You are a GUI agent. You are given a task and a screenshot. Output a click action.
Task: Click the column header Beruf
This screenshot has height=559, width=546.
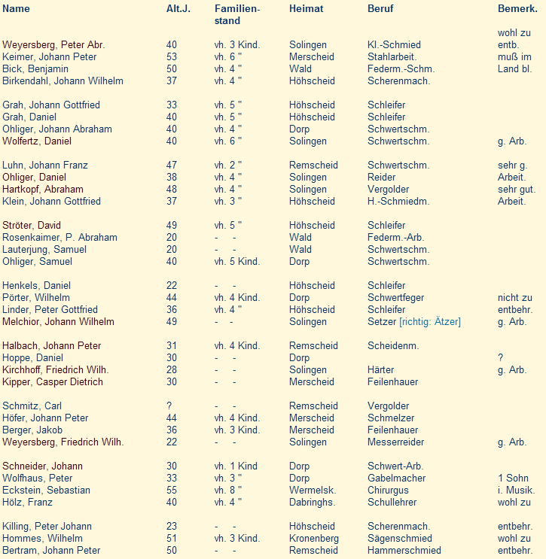click(x=380, y=9)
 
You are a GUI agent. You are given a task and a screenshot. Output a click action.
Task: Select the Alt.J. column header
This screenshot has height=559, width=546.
click(x=178, y=9)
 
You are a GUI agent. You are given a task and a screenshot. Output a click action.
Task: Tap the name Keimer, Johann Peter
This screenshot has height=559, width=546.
click(x=50, y=57)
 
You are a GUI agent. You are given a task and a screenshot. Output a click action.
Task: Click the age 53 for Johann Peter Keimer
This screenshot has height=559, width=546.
click(x=172, y=57)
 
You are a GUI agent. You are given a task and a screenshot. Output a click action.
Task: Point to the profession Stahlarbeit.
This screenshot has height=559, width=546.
click(x=392, y=57)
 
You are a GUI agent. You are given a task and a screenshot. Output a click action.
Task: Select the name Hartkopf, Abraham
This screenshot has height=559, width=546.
click(x=43, y=190)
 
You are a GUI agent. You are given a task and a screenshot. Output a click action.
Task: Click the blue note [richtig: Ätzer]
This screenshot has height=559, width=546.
click(x=430, y=322)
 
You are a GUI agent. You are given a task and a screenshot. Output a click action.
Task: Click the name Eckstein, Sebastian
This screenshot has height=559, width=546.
click(x=47, y=491)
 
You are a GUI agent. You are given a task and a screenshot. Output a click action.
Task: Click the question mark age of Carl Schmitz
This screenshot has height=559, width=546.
click(x=169, y=406)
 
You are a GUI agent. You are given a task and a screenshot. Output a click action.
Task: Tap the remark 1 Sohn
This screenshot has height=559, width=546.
click(x=514, y=478)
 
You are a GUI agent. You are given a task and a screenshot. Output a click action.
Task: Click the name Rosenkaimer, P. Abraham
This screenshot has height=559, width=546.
click(x=60, y=238)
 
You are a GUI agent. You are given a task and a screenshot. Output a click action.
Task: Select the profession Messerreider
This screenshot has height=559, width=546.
click(x=395, y=442)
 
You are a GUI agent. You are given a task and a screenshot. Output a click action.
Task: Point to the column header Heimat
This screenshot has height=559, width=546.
click(x=306, y=9)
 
